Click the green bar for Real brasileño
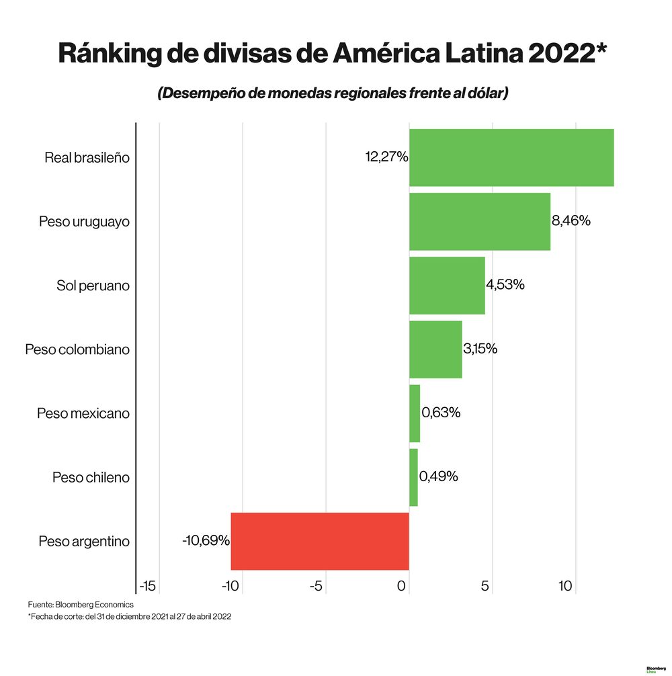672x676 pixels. tap(511, 157)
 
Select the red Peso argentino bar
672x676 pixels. tap(320, 541)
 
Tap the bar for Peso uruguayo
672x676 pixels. tap(479, 221)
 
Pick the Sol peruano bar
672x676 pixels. tap(447, 285)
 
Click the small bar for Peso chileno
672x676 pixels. tap(413, 477)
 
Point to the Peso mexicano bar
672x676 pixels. tap(415, 413)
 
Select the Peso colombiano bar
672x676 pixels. tap(435, 349)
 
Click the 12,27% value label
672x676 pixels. tap(386, 157)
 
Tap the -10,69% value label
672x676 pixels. tap(206, 540)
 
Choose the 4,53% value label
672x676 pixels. tap(505, 284)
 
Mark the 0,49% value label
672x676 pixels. tap(439, 476)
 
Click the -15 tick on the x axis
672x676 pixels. tap(147, 587)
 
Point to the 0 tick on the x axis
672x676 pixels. tap(402, 587)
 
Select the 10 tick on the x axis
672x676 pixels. tap(566, 587)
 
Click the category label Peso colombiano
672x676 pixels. tap(77, 350)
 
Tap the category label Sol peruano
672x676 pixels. tap(93, 286)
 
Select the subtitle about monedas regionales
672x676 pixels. tap(333, 93)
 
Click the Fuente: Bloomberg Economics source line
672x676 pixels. tap(81, 605)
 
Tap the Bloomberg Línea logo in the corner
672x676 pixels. tap(656, 669)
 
